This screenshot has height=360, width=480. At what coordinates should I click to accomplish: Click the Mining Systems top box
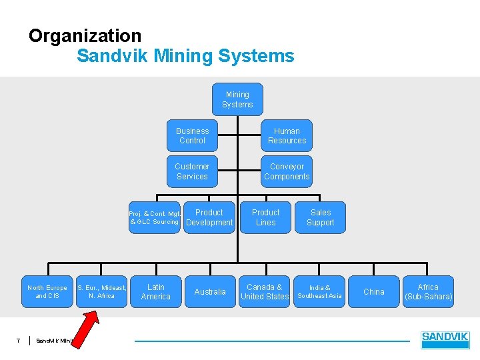point(237,99)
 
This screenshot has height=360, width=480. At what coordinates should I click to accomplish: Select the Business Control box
point(193,136)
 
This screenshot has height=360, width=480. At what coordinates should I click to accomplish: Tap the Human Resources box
point(287,136)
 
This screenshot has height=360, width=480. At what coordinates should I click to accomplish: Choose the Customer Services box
point(192,171)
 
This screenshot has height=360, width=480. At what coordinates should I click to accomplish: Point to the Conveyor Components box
point(287,171)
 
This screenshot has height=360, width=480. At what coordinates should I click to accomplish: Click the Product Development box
point(209,217)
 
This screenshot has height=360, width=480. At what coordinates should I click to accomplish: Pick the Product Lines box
point(266,217)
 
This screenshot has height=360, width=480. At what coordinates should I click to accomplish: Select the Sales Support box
point(321,217)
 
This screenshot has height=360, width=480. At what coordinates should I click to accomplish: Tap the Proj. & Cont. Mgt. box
point(155,217)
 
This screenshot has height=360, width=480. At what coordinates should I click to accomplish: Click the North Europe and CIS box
point(47,292)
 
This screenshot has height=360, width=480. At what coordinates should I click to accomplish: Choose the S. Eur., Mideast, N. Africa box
point(102,292)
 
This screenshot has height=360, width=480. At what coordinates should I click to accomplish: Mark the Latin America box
point(156,292)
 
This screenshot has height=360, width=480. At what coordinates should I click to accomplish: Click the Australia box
point(210,292)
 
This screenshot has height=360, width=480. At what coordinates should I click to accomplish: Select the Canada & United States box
point(265,292)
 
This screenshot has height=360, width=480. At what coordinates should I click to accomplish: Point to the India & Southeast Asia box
point(319,292)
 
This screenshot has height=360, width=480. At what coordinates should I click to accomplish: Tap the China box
point(374,292)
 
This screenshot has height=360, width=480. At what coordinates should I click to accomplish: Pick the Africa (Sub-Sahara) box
point(429,292)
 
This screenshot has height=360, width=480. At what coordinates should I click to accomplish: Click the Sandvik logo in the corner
point(445,340)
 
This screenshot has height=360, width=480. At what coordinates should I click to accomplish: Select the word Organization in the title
point(85,36)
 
